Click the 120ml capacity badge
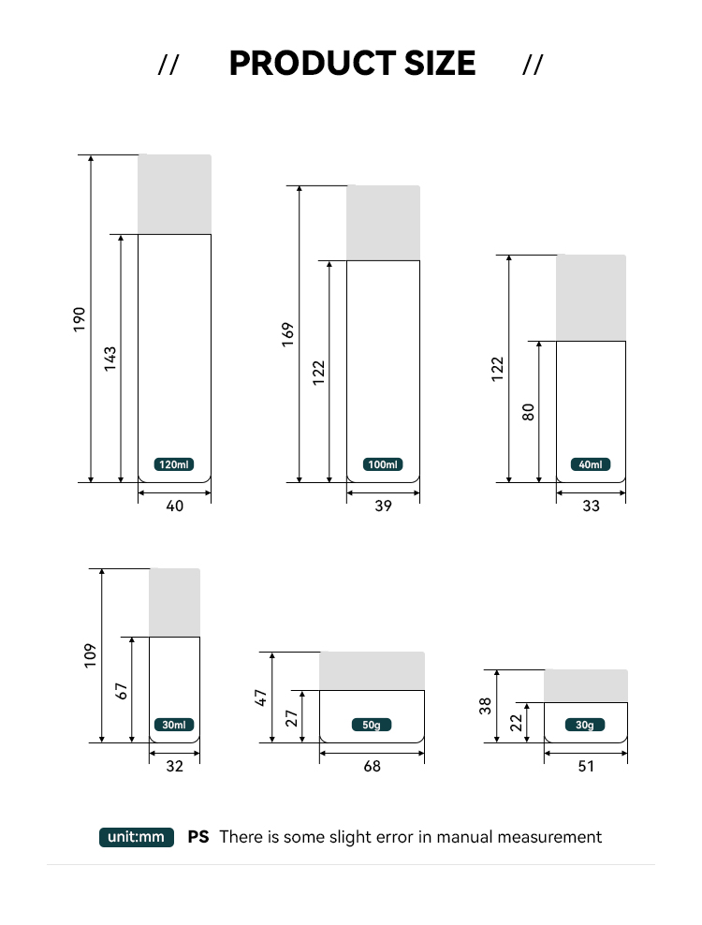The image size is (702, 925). pos(174,464)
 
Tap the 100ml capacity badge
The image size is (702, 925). pos(383,464)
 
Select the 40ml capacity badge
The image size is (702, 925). pos(591,464)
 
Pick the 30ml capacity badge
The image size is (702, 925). pos(174,725)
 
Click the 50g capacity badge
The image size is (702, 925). pos(372,725)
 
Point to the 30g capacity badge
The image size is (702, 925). pos(585,725)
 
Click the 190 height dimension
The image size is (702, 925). pos(79,319)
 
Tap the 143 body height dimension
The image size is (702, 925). pos(110,359)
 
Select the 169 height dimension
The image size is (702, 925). pos(287,334)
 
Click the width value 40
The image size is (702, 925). pos(175,506)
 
